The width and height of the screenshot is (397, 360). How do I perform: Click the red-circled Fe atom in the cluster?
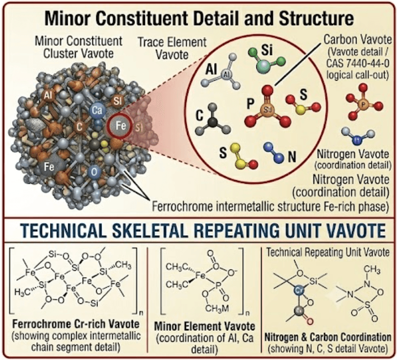coord(120,126)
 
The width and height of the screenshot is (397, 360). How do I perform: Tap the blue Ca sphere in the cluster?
coord(97,110)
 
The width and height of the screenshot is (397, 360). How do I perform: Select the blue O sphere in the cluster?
coord(94,172)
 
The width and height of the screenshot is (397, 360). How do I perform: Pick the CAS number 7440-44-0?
coord(357,63)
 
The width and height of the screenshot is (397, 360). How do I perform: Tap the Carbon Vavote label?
coord(357,40)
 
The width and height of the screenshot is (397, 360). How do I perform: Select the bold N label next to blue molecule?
coord(292,156)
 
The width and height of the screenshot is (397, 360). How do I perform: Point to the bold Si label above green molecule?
coord(267,49)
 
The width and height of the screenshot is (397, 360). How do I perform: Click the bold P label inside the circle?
coord(250,104)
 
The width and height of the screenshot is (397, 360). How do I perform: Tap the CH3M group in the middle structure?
coord(217,308)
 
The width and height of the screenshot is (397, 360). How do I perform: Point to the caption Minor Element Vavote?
coord(205,326)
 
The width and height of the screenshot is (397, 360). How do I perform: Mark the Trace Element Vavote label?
coord(172,48)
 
